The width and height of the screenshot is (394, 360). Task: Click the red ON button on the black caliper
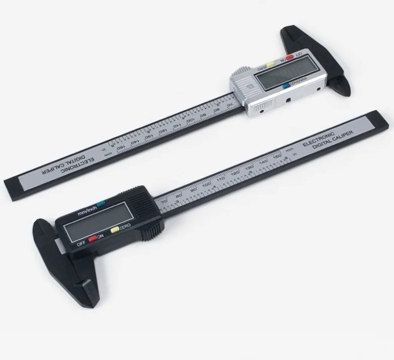93,239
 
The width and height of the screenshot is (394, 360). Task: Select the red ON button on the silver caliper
290,57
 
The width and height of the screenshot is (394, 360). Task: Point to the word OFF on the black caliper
81,244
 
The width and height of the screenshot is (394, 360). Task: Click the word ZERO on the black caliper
125,227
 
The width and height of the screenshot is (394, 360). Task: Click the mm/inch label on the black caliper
87,209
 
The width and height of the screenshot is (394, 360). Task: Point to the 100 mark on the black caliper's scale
207,185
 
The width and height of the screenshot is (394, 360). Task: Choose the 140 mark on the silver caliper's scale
134,142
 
